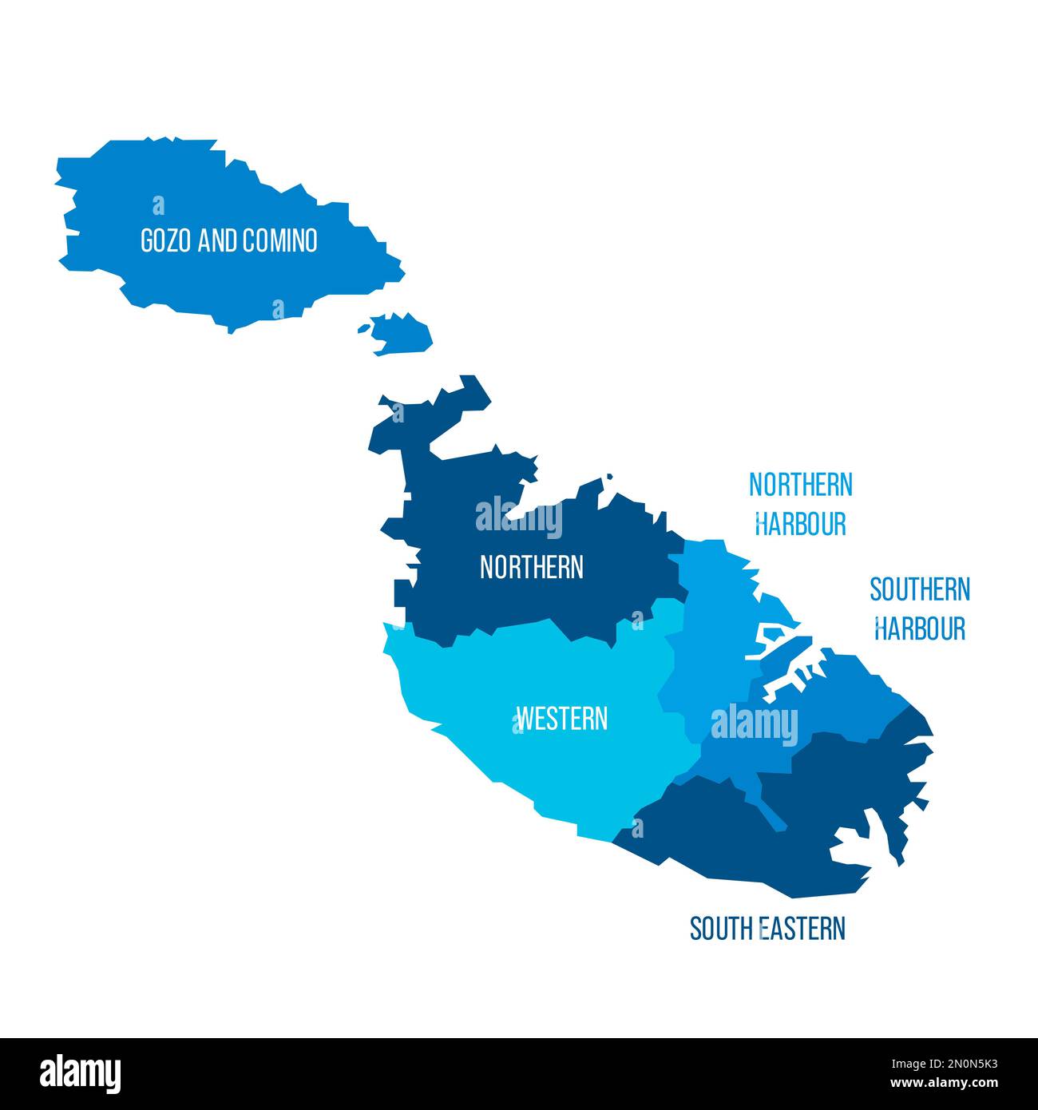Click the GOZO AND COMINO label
[x=229, y=240]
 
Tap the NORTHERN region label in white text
[x=531, y=567]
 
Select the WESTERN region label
[x=562, y=718]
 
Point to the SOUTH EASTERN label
[x=767, y=929]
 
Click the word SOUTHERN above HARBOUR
[x=920, y=589]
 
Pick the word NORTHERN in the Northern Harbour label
[x=800, y=484]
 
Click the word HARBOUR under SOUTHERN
[x=920, y=628]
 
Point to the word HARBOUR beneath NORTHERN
[x=800, y=524]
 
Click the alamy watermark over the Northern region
[x=518, y=518]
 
